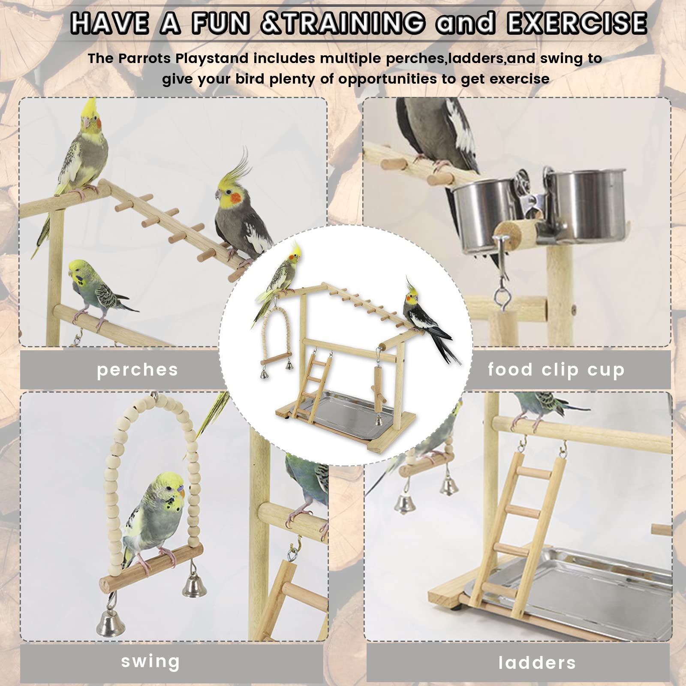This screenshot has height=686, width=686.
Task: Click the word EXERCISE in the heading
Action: click(x=577, y=23)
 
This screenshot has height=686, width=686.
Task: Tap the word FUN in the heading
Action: click(x=221, y=23)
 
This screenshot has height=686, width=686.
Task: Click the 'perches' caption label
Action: click(x=137, y=370)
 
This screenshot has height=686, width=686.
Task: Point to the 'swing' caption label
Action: click(x=150, y=662)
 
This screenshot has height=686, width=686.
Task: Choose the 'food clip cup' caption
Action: click(x=556, y=370)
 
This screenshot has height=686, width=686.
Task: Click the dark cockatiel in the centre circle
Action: click(x=424, y=322)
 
